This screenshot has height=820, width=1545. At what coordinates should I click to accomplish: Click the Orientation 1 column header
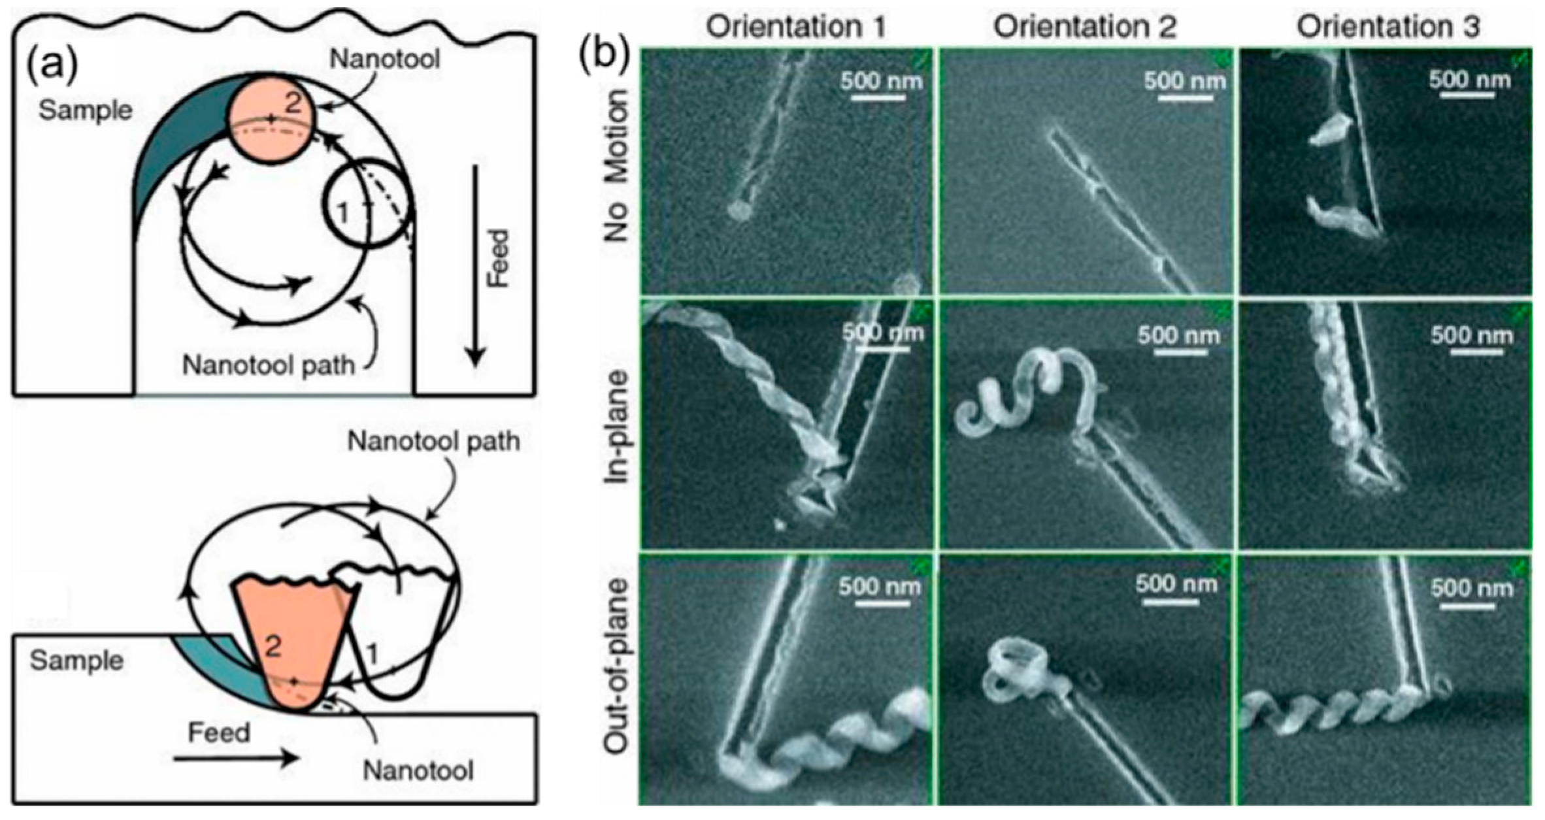click(x=795, y=27)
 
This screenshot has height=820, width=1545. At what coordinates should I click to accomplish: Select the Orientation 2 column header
click(x=1085, y=27)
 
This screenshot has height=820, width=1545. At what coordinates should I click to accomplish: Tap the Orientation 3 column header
click(x=1388, y=27)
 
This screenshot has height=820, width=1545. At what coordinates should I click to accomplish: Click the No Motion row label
click(x=615, y=166)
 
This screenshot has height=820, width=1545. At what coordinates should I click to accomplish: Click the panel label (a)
click(x=52, y=66)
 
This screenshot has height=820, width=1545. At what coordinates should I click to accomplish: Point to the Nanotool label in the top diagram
click(x=384, y=59)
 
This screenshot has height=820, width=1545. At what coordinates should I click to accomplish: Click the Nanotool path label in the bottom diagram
click(x=433, y=442)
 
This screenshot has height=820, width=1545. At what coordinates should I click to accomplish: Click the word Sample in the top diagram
click(x=85, y=110)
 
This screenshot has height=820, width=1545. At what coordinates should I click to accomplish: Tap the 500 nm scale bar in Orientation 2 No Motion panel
click(x=1184, y=99)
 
